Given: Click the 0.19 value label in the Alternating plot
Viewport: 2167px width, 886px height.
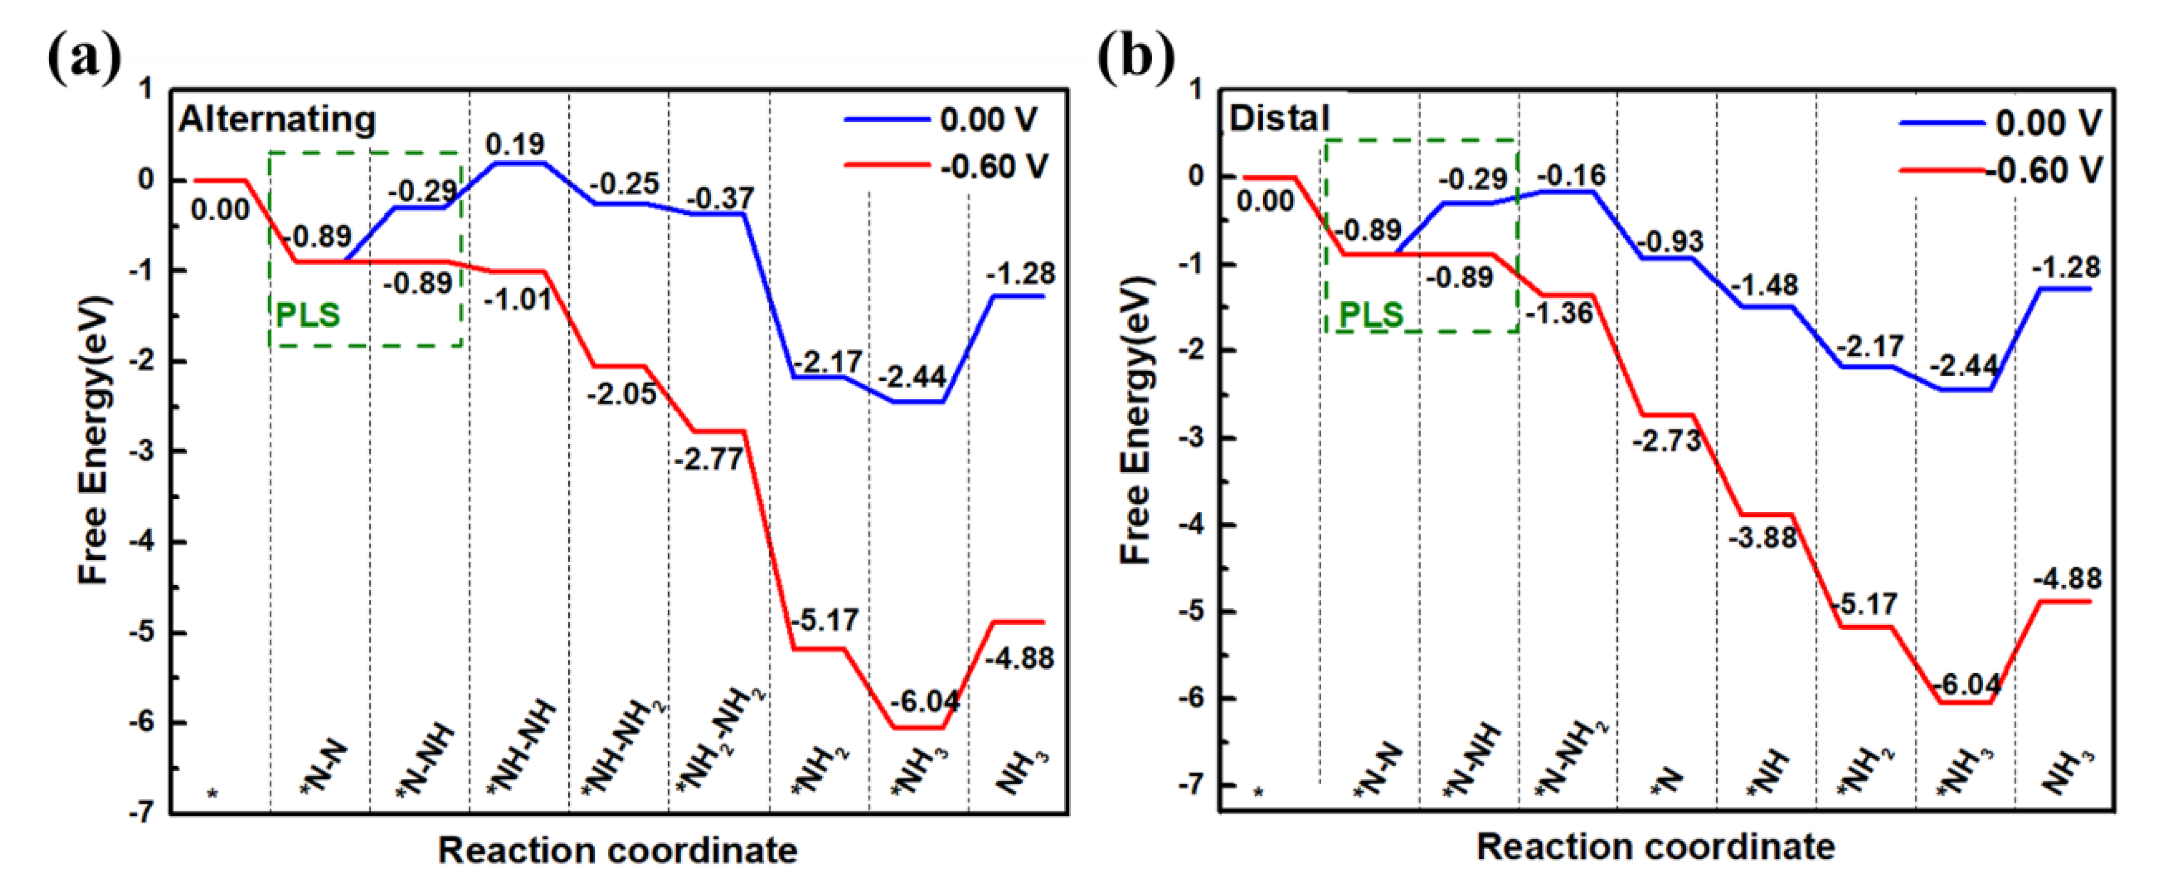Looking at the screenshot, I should tap(515, 145).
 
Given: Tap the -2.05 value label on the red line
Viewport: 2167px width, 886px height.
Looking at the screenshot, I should tap(622, 393).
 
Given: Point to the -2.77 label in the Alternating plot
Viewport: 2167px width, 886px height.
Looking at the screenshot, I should tap(708, 459).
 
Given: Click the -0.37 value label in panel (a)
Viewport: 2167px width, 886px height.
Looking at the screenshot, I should tap(720, 199).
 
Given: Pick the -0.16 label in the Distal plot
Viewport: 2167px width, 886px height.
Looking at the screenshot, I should tap(1571, 176).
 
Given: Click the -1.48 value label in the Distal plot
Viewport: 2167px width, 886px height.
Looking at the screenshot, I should tap(1765, 285).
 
